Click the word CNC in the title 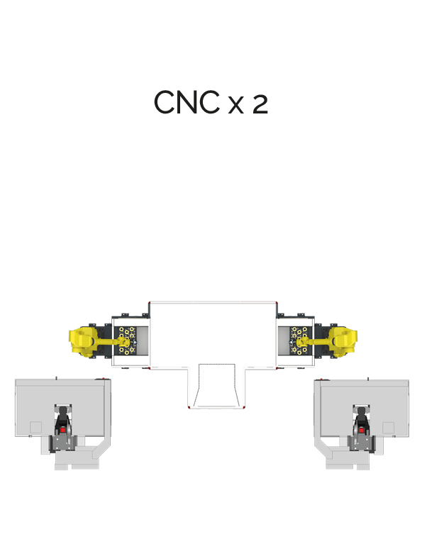[x=187, y=102]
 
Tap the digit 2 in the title [x=260, y=104]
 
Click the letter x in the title [x=236, y=106]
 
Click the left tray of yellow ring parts [x=127, y=340]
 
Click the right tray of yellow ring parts [x=299, y=340]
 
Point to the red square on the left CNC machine [x=63, y=431]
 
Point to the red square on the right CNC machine [x=361, y=431]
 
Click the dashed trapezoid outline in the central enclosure [x=216, y=385]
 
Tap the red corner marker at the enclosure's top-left [x=149, y=303]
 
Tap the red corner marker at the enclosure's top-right [x=277, y=303]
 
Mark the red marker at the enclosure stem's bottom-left [x=189, y=407]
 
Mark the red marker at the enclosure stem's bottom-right [x=244, y=407]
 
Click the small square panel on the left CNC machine [x=35, y=428]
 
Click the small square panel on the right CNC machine [x=388, y=428]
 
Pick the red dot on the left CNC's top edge [x=103, y=379]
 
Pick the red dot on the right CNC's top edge [x=321, y=379]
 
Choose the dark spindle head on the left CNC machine [x=63, y=421]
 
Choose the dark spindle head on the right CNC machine [x=361, y=421]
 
